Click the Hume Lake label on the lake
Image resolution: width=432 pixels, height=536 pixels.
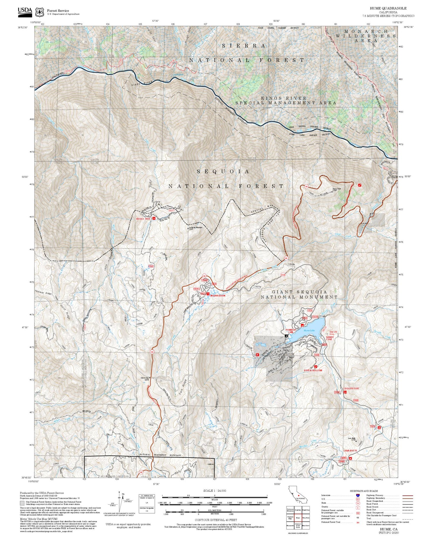tap(309, 330)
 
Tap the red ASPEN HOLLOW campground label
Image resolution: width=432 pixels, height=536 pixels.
tap(313, 370)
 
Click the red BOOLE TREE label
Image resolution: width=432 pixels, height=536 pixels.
tap(143, 219)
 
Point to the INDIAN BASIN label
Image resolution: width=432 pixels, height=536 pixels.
tap(218, 295)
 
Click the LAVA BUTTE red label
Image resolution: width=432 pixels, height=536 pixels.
tap(350, 450)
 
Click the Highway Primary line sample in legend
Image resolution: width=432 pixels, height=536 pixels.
tap(407, 495)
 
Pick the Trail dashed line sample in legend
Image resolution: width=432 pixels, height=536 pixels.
tap(407, 518)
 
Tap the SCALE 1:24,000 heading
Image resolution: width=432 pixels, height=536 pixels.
tap(214, 491)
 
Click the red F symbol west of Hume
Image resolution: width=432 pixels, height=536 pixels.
tap(257, 355)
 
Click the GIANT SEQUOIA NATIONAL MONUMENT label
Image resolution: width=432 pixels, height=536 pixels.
tap(299, 294)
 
